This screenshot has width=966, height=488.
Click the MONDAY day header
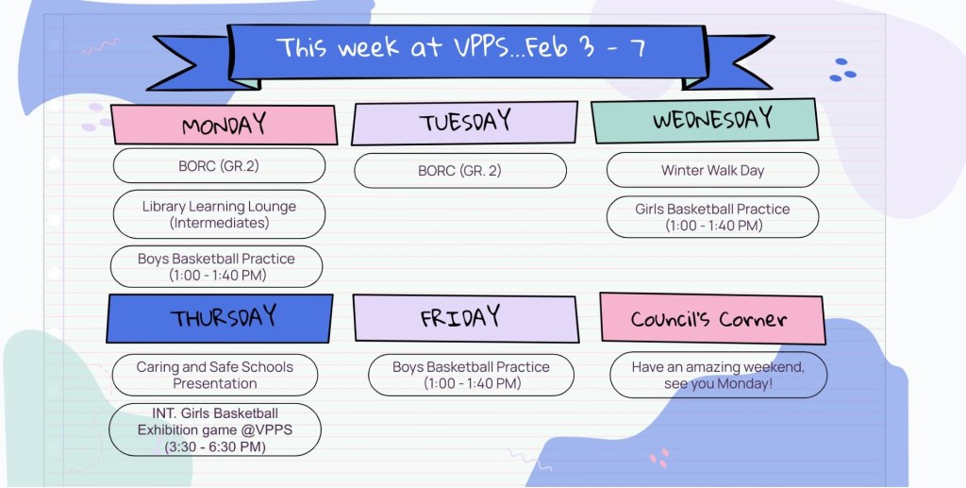click(x=224, y=126)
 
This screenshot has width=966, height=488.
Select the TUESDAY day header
click(x=464, y=123)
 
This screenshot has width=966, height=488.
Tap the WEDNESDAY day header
click(x=705, y=120)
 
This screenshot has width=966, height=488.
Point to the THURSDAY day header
click(x=220, y=318)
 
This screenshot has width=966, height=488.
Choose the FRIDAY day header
click(x=466, y=318)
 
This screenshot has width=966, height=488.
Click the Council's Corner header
click(x=712, y=318)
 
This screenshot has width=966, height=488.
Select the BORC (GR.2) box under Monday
click(x=219, y=166)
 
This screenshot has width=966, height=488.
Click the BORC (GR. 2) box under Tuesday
click(x=460, y=171)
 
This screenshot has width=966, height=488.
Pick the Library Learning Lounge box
click(x=219, y=214)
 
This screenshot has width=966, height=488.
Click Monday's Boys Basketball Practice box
click(x=216, y=267)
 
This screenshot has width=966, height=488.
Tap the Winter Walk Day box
click(x=713, y=170)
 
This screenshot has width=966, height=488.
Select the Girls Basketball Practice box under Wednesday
click(x=713, y=217)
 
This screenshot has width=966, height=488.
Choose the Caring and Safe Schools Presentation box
click(x=215, y=375)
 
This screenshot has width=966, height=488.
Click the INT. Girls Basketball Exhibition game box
click(x=215, y=430)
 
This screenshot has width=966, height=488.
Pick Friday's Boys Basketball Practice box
click(x=472, y=375)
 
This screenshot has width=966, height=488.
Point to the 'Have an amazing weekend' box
click(x=718, y=375)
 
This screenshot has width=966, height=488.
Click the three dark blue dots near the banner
click(x=842, y=70)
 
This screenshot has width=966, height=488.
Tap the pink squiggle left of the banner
click(x=100, y=46)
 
